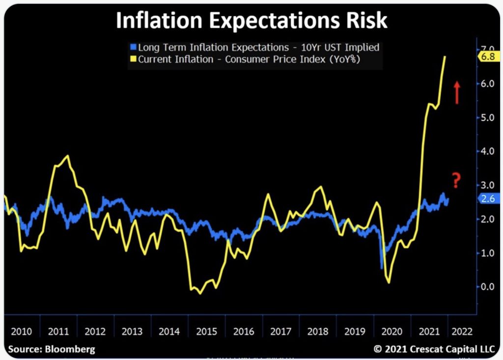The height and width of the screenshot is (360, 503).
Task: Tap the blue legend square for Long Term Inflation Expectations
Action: click(x=133, y=48)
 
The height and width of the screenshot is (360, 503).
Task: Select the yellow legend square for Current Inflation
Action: click(x=133, y=59)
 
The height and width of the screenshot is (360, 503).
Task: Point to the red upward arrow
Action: click(x=457, y=92)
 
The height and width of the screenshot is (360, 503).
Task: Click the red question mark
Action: click(x=456, y=181)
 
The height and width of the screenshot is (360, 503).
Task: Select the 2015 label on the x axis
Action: click(x=206, y=331)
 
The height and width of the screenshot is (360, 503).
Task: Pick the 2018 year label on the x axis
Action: click(x=318, y=331)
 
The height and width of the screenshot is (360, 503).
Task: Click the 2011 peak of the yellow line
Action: click(x=67, y=156)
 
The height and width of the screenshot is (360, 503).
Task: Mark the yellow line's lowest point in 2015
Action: click(x=199, y=293)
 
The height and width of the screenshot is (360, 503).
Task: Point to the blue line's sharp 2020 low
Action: click(x=382, y=268)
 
